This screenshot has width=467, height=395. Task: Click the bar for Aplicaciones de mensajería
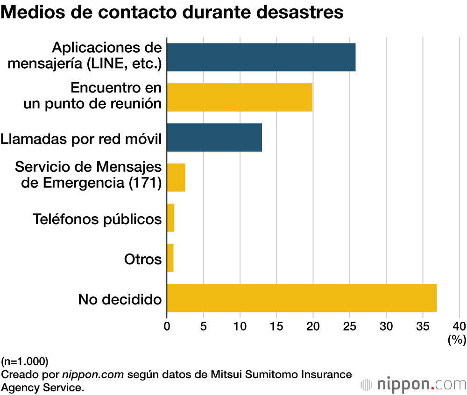pyautogui.click(x=261, y=57)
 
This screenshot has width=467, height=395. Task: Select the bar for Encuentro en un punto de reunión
pyautogui.click(x=240, y=97)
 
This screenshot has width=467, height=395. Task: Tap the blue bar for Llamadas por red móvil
pyautogui.click(x=214, y=137)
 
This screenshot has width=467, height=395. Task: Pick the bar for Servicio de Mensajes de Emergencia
pyautogui.click(x=176, y=177)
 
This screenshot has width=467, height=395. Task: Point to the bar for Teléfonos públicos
pyautogui.click(x=170, y=218)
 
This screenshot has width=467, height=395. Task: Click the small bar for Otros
pyautogui.click(x=170, y=258)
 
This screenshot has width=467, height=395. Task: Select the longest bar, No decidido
pyautogui.click(x=302, y=298)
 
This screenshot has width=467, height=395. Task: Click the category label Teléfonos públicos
pyautogui.click(x=97, y=219)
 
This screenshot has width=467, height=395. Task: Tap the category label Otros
pyautogui.click(x=143, y=259)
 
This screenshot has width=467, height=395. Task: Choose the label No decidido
pyautogui.click(x=120, y=299)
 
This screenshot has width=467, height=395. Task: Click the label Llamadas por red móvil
pyautogui.click(x=81, y=138)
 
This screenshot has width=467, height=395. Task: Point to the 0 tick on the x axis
pyautogui.click(x=167, y=325)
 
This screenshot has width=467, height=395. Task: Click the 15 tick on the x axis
pyautogui.click(x=276, y=325)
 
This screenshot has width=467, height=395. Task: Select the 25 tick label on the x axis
pyautogui.click(x=350, y=325)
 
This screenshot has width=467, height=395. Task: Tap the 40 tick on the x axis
pyautogui.click(x=460, y=325)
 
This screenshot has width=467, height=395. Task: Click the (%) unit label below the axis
pyautogui.click(x=457, y=339)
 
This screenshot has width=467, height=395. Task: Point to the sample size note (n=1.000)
pyautogui.click(x=24, y=361)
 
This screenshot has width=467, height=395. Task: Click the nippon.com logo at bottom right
pyautogui.click(x=413, y=384)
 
